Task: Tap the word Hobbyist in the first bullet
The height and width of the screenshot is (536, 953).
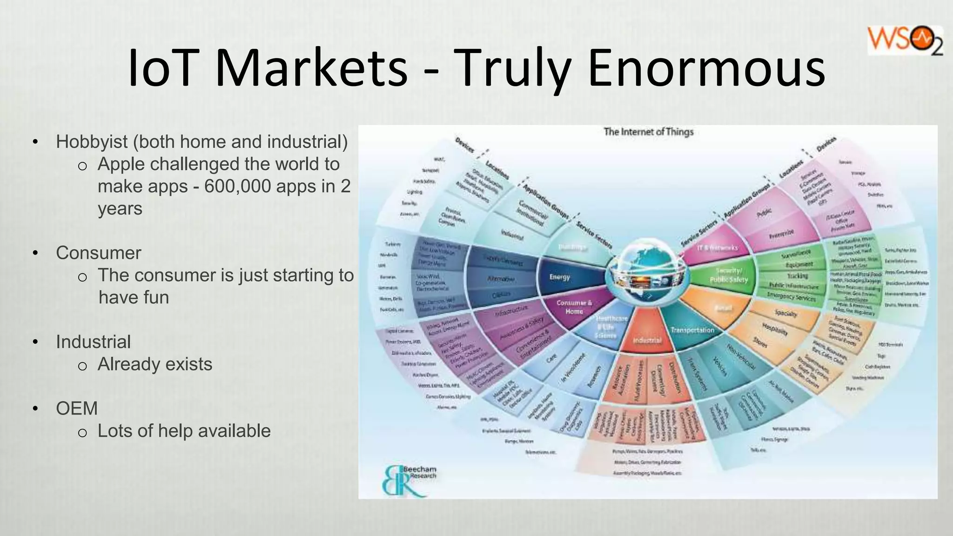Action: [92, 142]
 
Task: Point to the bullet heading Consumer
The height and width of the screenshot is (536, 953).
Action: [98, 253]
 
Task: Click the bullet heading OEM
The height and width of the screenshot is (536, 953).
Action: [77, 409]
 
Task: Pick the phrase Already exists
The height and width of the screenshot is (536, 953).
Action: [154, 364]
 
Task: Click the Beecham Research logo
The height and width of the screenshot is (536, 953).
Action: [408, 480]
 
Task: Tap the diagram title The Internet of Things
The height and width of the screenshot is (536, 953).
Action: [648, 132]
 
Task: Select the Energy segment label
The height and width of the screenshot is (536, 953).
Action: [559, 277]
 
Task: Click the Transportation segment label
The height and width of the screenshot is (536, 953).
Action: [692, 330]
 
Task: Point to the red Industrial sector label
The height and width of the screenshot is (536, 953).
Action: [647, 340]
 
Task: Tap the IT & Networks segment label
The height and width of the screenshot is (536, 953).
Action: [717, 248]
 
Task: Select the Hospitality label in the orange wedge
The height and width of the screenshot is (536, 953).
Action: [775, 329]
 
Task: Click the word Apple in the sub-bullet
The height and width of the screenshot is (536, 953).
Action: [122, 164]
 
